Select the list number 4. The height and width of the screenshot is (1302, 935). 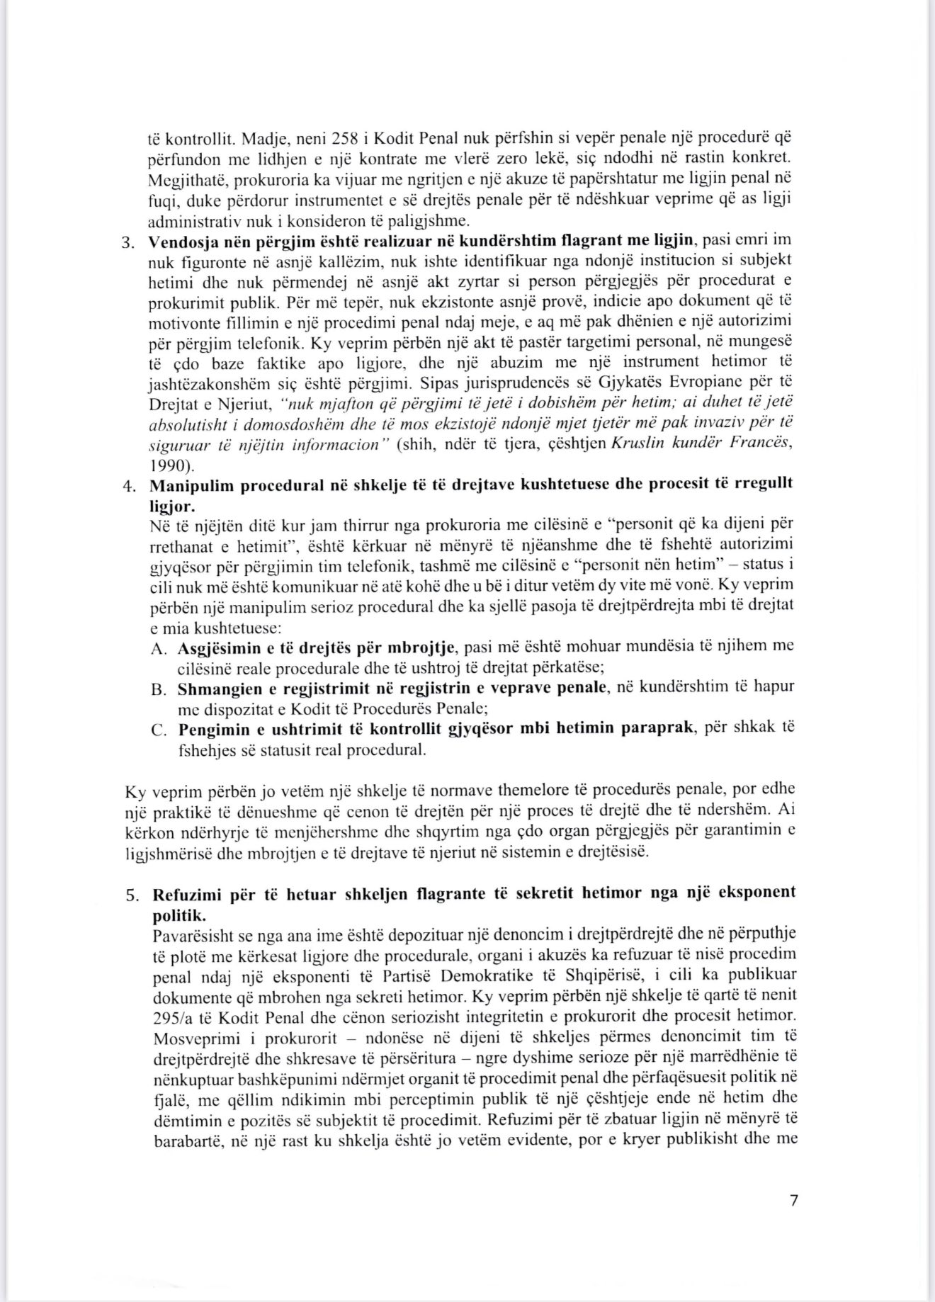pos(127,487)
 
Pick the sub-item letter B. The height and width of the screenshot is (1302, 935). pos(158,689)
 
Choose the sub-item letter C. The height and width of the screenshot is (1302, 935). pos(158,730)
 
